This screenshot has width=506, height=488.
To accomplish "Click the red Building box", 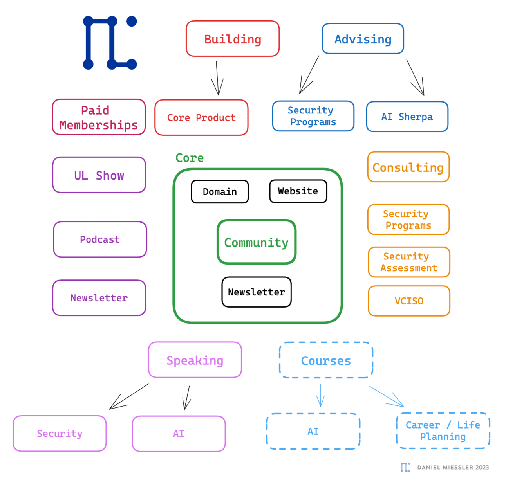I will click(x=233, y=39).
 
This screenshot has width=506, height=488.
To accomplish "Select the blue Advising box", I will click(x=363, y=39).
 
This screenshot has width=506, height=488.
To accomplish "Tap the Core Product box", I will click(x=201, y=117).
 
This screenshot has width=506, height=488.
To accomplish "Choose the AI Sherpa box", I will click(x=407, y=117).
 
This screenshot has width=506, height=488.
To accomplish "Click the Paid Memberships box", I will click(x=99, y=117).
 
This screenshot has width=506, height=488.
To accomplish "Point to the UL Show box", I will click(x=99, y=175).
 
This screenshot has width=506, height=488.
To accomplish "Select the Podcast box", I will click(x=100, y=239).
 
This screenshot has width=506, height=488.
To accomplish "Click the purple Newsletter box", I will click(x=99, y=298).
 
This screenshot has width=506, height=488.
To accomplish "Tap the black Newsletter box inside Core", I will click(x=257, y=292).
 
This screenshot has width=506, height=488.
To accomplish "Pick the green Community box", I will click(x=257, y=242).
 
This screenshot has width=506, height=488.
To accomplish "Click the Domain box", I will click(x=220, y=192).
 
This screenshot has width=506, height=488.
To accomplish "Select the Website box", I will click(x=298, y=191).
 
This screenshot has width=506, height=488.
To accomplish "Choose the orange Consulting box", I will click(x=408, y=167).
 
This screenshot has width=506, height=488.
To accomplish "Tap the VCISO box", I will click(x=409, y=301).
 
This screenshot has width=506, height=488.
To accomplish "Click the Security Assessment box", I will click(x=409, y=262).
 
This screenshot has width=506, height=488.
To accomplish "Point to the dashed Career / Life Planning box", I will click(x=443, y=430).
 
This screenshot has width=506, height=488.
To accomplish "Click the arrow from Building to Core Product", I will click(x=217, y=78).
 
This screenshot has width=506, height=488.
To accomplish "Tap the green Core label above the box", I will click(x=190, y=158).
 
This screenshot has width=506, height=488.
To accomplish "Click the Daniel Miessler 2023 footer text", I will click(x=453, y=467).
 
